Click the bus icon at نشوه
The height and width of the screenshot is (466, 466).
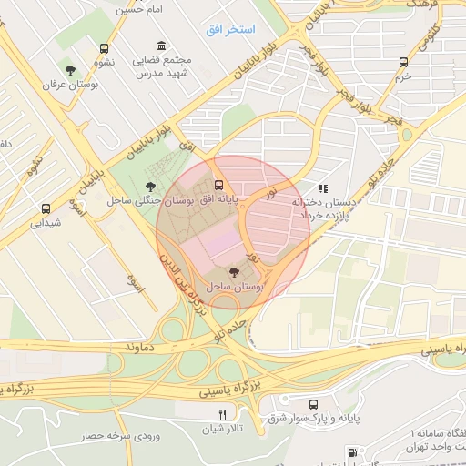coord(104,48)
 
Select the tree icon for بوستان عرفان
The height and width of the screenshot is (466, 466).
coord(69,69)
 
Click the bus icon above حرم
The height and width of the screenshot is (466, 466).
coord(403,62)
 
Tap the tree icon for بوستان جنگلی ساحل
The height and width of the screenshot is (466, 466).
coord(150,187)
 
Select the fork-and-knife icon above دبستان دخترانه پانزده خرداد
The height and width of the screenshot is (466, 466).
coord(323,188)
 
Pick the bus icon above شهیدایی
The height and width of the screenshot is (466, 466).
coord(46,208)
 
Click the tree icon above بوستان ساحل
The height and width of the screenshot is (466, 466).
coord(234,271)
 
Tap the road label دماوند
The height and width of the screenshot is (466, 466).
coord(143,348)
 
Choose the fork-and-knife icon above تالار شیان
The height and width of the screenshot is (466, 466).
coord(210,414)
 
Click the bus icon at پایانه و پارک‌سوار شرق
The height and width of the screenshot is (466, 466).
coord(314,404)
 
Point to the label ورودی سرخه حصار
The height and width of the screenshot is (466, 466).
coord(109,436)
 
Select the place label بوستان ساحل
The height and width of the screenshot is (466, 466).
coord(235,286)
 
